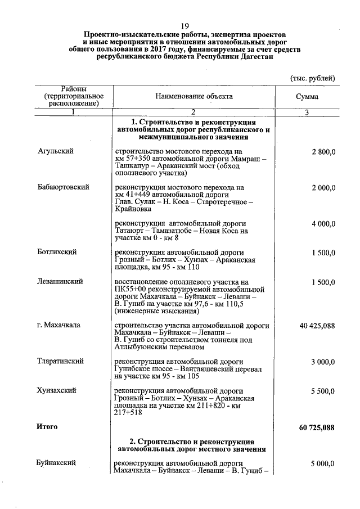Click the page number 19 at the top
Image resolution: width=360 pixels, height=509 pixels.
click(x=184, y=26)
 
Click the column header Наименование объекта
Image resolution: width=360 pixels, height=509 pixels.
click(x=193, y=96)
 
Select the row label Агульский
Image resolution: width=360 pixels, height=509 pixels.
click(x=56, y=152)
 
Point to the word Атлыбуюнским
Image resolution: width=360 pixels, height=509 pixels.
click(x=137, y=347)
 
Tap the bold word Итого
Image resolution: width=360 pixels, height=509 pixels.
click(x=47, y=427)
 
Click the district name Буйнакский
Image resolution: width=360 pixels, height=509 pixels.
click(x=56, y=463)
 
